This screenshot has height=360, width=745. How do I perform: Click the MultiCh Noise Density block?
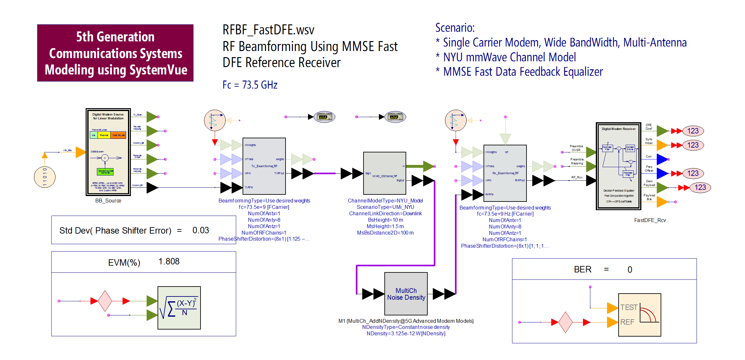pyautogui.click(x=406, y=294)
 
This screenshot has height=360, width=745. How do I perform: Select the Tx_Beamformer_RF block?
pyautogui.click(x=264, y=166)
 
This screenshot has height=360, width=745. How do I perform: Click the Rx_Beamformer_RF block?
pyautogui.click(x=505, y=173)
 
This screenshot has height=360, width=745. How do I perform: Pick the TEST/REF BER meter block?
pyautogui.click(x=639, y=315)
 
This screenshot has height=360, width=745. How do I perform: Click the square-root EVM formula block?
pyautogui.click(x=179, y=308)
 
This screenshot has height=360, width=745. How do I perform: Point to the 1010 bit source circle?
pyautogui.click(x=45, y=177)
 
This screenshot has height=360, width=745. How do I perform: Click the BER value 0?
pyautogui.click(x=630, y=270)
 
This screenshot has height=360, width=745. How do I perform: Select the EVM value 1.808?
pyautogui.click(x=169, y=261)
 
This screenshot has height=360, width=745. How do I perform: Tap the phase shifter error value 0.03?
pyautogui.click(x=201, y=230)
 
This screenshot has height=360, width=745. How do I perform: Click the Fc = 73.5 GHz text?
pyautogui.click(x=250, y=85)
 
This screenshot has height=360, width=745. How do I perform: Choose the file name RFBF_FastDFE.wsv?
pyautogui.click(x=268, y=30)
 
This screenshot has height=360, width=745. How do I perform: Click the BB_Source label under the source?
pyautogui.click(x=108, y=201)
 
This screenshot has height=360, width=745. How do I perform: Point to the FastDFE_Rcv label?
pyautogui.click(x=650, y=220)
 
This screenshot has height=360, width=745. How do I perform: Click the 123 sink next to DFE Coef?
pyautogui.click(x=693, y=131)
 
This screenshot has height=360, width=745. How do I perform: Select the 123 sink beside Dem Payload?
pyautogui.click(x=700, y=187)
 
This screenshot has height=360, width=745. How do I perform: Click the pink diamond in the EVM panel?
pyautogui.click(x=105, y=301)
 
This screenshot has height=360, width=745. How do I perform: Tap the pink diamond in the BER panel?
pyautogui.click(x=565, y=322)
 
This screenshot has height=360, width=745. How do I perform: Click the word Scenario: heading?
pyautogui.click(x=455, y=28)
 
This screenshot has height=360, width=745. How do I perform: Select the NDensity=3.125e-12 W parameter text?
pyautogui.click(x=406, y=334)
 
